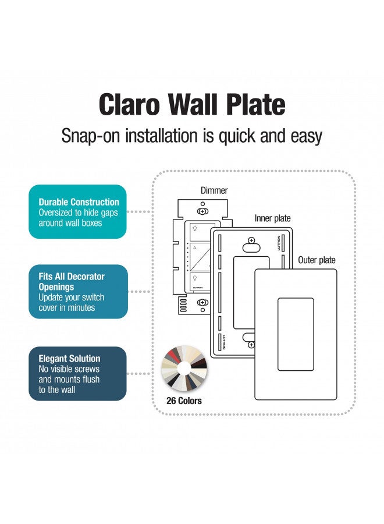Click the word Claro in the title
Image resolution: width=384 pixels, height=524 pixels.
pyautogui.click(x=129, y=105)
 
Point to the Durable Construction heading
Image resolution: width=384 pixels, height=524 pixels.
pyautogui.click(x=79, y=203)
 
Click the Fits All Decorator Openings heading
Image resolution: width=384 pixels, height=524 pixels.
pyautogui.click(x=72, y=282)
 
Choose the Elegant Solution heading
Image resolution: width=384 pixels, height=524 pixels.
pyautogui.click(x=69, y=359)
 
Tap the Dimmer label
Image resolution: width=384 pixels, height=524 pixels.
pyautogui.click(x=214, y=190)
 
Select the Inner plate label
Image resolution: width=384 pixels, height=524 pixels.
pyautogui.click(x=272, y=218)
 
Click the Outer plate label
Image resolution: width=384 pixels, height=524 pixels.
pyautogui.click(x=317, y=260)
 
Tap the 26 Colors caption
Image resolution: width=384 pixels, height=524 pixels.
pyautogui.click(x=184, y=401)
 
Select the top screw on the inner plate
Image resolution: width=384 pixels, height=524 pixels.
pyautogui.click(x=251, y=240)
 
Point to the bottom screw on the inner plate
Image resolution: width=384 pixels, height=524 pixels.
pyautogui.click(x=251, y=345)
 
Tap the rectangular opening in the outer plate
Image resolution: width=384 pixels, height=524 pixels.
pyautogui.click(x=296, y=335)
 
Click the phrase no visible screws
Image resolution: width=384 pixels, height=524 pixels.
pyautogui.click(x=69, y=369)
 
